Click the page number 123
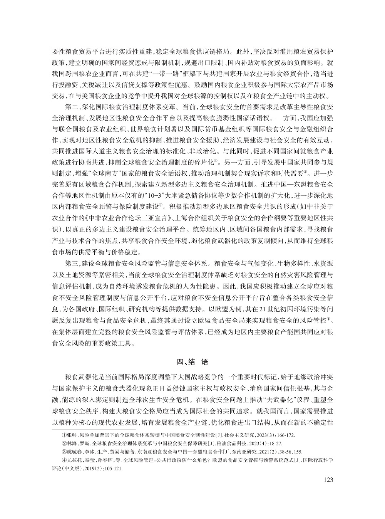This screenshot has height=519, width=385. [x=326, y=479]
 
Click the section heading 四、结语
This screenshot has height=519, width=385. [x=192, y=362]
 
